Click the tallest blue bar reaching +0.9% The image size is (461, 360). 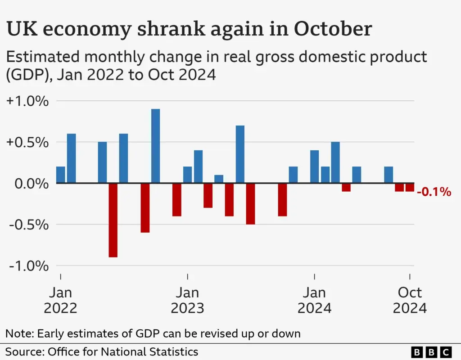pos(155,146)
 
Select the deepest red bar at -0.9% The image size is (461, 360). pos(113,220)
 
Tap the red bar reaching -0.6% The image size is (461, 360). pos(145,208)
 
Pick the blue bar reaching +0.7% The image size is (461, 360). pos(240,154)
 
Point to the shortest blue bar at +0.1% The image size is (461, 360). pos(219,179)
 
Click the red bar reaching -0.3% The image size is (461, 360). pos(208,195)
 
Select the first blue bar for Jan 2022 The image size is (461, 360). pos(60,175)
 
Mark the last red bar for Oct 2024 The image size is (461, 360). pos(409,187)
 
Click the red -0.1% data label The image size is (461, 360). pos(434,192)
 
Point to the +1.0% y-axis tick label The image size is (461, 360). pos(27,101)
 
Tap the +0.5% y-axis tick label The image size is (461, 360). pos(27,142)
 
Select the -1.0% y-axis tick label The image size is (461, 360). pos(28,265)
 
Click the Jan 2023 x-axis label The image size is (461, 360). pos(187,300)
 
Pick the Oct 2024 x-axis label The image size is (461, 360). pos(409,300)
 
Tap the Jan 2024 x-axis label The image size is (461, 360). pos(314,300)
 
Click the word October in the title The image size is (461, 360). pos(333,29)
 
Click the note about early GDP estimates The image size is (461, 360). pos(153,333)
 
